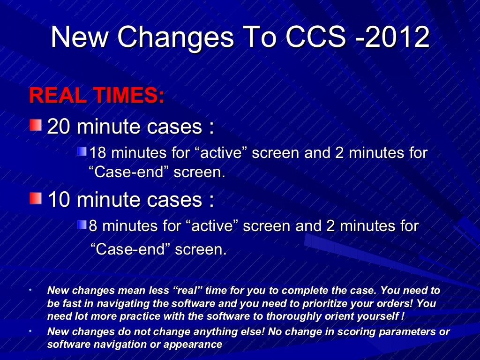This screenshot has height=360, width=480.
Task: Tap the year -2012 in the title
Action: coord(393,37)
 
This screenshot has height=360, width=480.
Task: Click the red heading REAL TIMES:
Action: coord(97,96)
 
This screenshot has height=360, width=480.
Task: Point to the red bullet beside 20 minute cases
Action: coord(35,125)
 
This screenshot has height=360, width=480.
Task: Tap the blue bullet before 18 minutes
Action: coord(82,151)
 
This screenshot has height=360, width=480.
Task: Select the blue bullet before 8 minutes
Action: coord(82,225)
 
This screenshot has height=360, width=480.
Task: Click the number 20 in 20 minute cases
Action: coord(59,127)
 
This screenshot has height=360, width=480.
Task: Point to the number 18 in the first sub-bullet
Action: coord(98,153)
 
